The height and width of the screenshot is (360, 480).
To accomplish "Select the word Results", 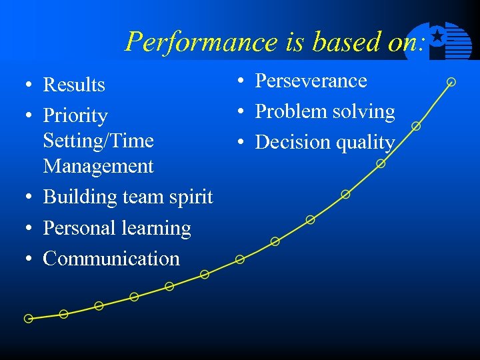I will tap(74, 85).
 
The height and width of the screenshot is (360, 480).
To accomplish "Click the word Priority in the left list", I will tap(75, 116).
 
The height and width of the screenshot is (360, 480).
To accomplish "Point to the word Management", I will tap(98, 166).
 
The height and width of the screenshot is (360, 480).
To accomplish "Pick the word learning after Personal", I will tap(159, 228).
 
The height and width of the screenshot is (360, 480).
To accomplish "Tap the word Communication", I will tap(111, 259).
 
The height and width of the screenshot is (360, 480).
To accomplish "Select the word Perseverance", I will tap(311, 81).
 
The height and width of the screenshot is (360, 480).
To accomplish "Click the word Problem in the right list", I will tap(286, 112).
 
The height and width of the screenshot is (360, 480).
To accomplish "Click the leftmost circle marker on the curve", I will tap(28, 319).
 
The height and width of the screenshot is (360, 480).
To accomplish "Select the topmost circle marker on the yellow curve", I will tap(451, 82).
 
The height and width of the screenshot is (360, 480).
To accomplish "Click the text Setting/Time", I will tap(98, 141).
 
